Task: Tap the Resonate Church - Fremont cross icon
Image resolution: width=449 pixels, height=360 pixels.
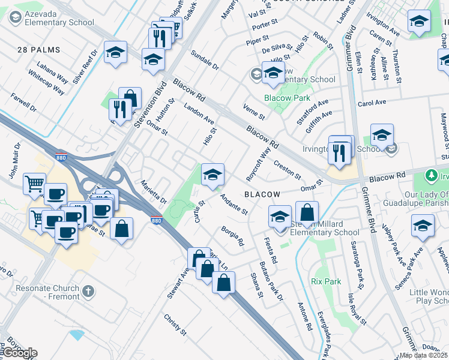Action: click(88, 292)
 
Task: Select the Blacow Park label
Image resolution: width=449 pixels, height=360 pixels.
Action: click(287, 98)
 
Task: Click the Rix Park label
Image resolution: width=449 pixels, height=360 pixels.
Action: click(327, 281)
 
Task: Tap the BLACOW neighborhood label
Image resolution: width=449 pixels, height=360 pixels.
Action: click(262, 194)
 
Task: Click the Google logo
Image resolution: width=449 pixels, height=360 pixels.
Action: click(20, 353)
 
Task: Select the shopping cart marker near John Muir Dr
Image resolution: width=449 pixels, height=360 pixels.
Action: click(34, 183)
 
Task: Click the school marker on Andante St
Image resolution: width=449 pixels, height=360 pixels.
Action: click(212, 175)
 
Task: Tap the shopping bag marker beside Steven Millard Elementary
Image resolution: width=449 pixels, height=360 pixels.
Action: click(307, 212)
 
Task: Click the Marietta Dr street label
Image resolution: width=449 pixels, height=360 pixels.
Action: click(153, 191)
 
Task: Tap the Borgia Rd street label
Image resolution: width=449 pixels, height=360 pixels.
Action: click(232, 236)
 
